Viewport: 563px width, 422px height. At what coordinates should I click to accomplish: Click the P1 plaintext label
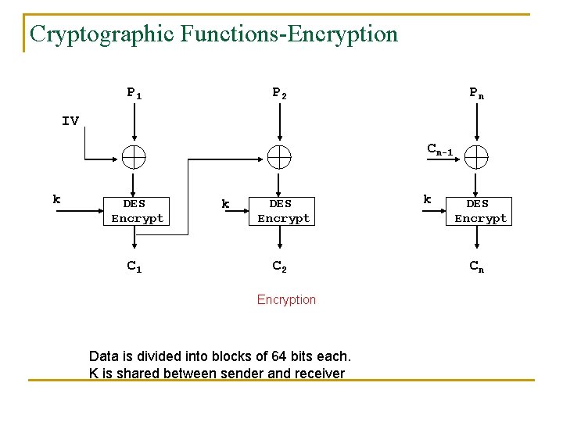click(x=134, y=94)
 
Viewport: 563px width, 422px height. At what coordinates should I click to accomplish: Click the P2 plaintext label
click(x=279, y=93)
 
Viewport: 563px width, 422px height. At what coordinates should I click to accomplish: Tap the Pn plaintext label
click(x=476, y=93)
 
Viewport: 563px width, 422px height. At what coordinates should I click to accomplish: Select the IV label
click(x=70, y=120)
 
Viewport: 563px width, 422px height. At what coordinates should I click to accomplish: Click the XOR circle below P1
click(x=134, y=157)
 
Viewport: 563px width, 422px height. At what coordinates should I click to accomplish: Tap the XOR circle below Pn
click(x=475, y=157)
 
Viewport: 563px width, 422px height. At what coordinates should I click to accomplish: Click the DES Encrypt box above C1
click(x=138, y=211)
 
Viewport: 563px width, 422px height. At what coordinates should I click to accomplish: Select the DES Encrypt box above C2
click(x=284, y=211)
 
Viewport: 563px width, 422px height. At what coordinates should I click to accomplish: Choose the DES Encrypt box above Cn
click(x=480, y=211)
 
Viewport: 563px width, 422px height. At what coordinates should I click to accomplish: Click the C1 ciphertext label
click(x=134, y=266)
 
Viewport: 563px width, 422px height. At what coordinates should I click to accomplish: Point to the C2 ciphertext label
click(x=279, y=266)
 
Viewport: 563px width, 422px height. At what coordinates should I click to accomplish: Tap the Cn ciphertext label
click(x=476, y=266)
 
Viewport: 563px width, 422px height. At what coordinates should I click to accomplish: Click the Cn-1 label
click(x=439, y=148)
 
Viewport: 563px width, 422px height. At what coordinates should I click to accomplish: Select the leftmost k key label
click(x=56, y=199)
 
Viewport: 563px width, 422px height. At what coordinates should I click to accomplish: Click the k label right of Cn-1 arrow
click(x=427, y=199)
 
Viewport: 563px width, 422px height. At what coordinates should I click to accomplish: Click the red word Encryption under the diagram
click(x=286, y=299)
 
